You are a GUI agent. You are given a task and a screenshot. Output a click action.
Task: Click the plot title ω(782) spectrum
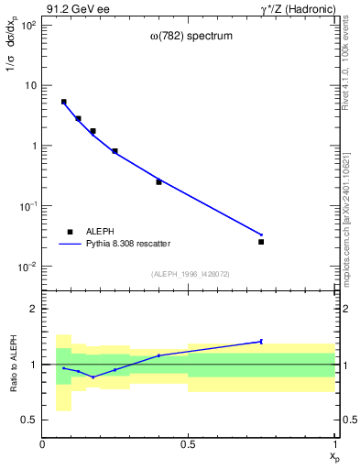[191, 37]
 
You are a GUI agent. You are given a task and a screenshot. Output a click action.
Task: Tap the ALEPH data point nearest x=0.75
[261, 242]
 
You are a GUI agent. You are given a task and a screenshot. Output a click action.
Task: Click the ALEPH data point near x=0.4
[158, 181]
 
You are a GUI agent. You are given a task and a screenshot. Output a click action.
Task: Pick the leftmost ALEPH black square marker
[63, 102]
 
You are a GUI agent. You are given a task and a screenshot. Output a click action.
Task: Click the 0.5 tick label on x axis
[189, 444]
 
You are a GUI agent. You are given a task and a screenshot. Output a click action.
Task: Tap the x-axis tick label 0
[42, 444]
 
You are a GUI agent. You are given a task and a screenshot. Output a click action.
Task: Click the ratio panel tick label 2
[34, 309]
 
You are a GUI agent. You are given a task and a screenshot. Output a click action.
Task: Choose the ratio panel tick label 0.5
[30, 420]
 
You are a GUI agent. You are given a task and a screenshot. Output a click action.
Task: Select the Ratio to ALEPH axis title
[12, 364]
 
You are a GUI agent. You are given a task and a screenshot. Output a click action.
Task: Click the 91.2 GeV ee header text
[76, 8]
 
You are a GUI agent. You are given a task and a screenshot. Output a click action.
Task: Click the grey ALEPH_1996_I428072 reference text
[189, 274]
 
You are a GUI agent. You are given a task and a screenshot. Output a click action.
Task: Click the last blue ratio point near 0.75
[261, 341]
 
